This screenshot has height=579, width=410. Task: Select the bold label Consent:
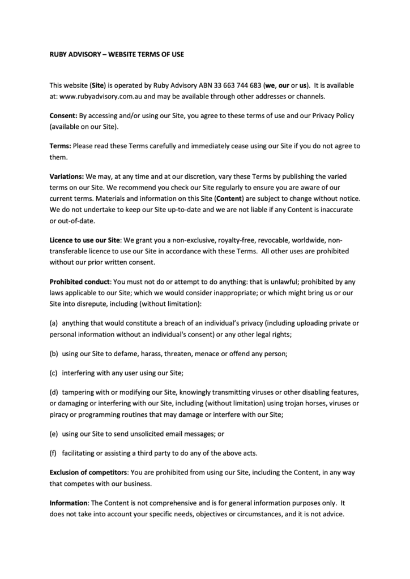(x=63, y=116)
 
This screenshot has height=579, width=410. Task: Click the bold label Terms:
(x=60, y=146)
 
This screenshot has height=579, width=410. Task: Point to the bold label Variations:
(x=67, y=176)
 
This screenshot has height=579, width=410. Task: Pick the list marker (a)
(x=54, y=324)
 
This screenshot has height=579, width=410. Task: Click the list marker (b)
(x=54, y=354)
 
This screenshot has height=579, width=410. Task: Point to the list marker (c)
(x=54, y=373)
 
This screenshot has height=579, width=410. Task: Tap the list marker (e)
(x=54, y=433)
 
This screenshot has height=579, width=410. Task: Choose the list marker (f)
(x=54, y=453)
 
